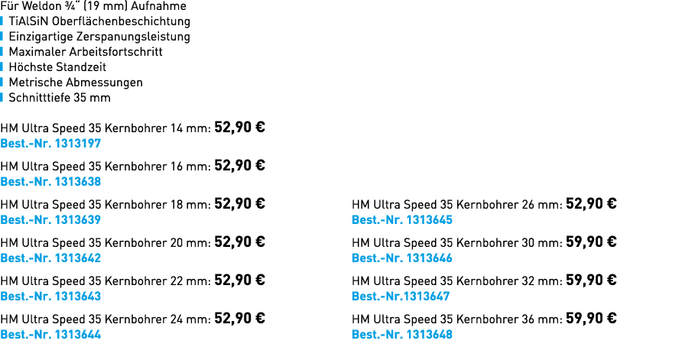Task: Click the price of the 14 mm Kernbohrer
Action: coord(239,127)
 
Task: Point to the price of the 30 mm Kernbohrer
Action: coord(591,242)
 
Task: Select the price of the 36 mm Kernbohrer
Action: coord(591,318)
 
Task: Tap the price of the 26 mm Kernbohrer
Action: coord(591,203)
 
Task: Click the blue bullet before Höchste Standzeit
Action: coord(2,66)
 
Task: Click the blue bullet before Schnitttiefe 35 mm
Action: coord(2,97)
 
